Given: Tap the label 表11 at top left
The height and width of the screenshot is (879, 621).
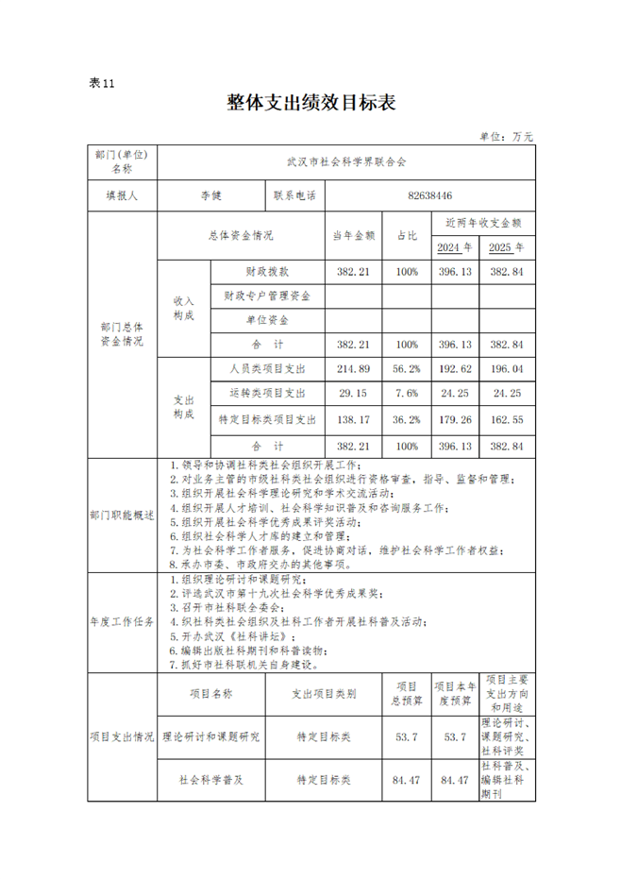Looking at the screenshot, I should pos(101,83).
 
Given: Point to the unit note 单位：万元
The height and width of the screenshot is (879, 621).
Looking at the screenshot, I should pos(507,137).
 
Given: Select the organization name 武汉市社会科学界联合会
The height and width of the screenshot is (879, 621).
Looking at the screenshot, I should pos(346,162).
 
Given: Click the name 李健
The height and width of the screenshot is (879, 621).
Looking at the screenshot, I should pos(211,196).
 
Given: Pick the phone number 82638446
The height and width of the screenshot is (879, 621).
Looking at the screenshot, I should pos(430,196).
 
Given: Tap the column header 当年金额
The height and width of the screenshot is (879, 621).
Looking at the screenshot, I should pos(354,235).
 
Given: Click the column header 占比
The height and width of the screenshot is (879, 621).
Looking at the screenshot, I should pos(407,235).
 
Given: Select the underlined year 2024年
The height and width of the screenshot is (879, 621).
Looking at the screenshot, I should pos(455,247).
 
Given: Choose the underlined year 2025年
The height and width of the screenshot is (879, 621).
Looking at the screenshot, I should pos(507,247).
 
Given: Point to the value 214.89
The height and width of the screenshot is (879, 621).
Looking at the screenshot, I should pos(354,368).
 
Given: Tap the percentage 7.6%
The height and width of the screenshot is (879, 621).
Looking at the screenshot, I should pos(407,393).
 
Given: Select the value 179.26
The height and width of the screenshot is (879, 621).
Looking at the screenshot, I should pos(455,418).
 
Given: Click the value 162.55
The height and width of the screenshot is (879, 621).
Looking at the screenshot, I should pos(507,418).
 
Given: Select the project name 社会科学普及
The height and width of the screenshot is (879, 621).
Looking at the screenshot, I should pos(211,781).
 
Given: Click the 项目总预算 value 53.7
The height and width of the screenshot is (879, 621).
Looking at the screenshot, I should pos(406,736).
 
